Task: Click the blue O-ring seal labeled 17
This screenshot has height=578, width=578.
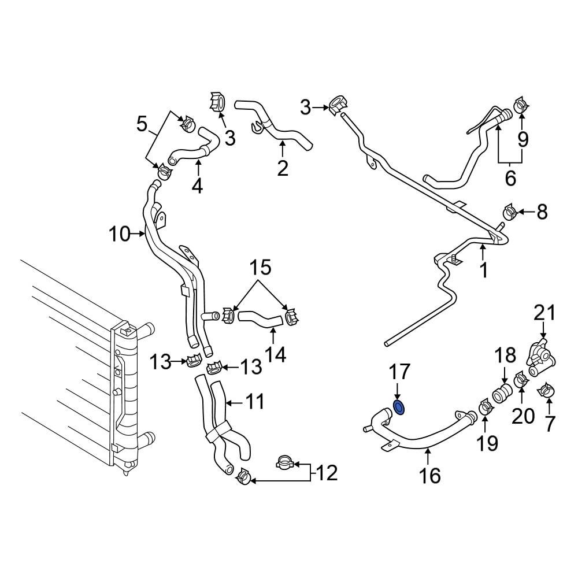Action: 399,407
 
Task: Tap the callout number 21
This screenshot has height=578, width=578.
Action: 544,314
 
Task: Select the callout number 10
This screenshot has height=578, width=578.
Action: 120,234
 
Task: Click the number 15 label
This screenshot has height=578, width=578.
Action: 260,268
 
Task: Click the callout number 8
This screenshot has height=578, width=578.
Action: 542,212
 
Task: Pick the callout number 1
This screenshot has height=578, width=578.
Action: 484,269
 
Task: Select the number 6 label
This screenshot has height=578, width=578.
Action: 510,178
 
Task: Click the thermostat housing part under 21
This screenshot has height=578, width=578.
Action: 540,354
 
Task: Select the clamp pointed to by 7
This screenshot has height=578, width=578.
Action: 546,391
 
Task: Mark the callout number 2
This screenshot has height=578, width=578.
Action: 282,168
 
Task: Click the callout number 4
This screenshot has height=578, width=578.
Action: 198,186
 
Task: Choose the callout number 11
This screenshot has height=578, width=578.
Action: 254,401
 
